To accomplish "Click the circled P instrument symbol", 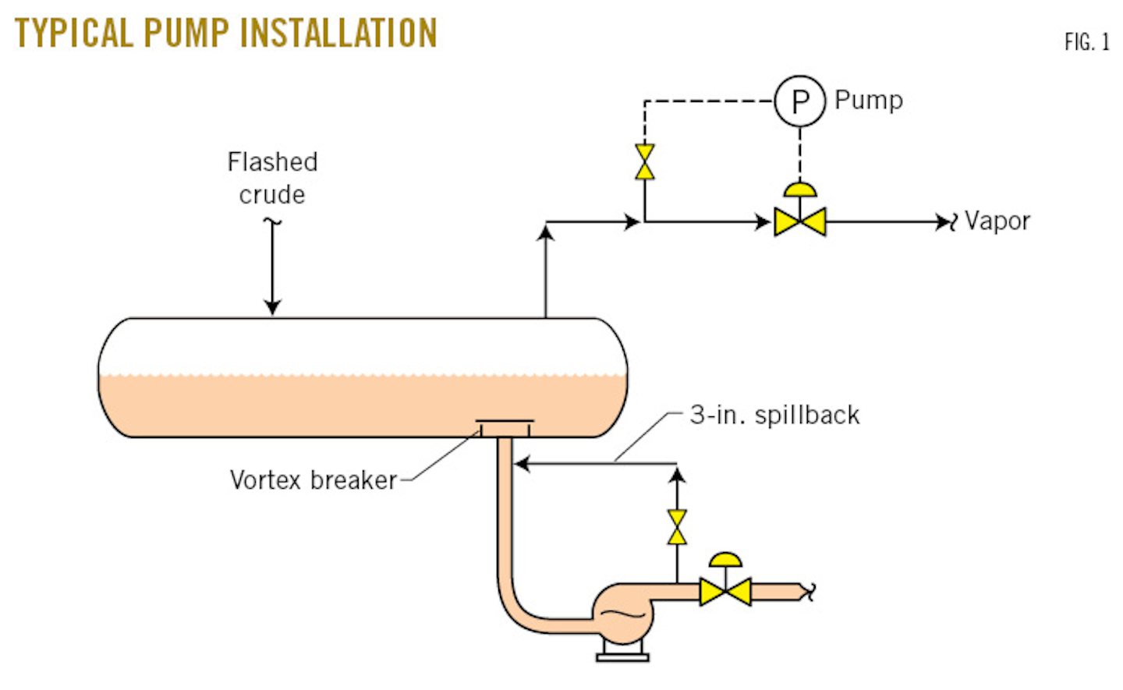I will coord(799,101).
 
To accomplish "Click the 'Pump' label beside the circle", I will coord(869,101).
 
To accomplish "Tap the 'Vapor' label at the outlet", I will coord(997,221).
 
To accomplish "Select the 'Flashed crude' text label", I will coord(272,178).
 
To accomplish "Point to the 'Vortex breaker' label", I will coord(314,480).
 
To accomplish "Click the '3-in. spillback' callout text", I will coord(774,415).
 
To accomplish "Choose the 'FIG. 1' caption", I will coord(1086,42).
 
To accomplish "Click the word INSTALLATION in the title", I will coord(338,33).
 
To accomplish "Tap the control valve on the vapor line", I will coord(799,221).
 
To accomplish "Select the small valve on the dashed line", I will coord(645,162).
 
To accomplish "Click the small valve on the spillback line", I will coord(677,528).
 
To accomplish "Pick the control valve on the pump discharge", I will coord(725,592).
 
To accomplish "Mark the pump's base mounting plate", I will coord(622,656).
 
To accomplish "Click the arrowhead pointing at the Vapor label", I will coord(943,222).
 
